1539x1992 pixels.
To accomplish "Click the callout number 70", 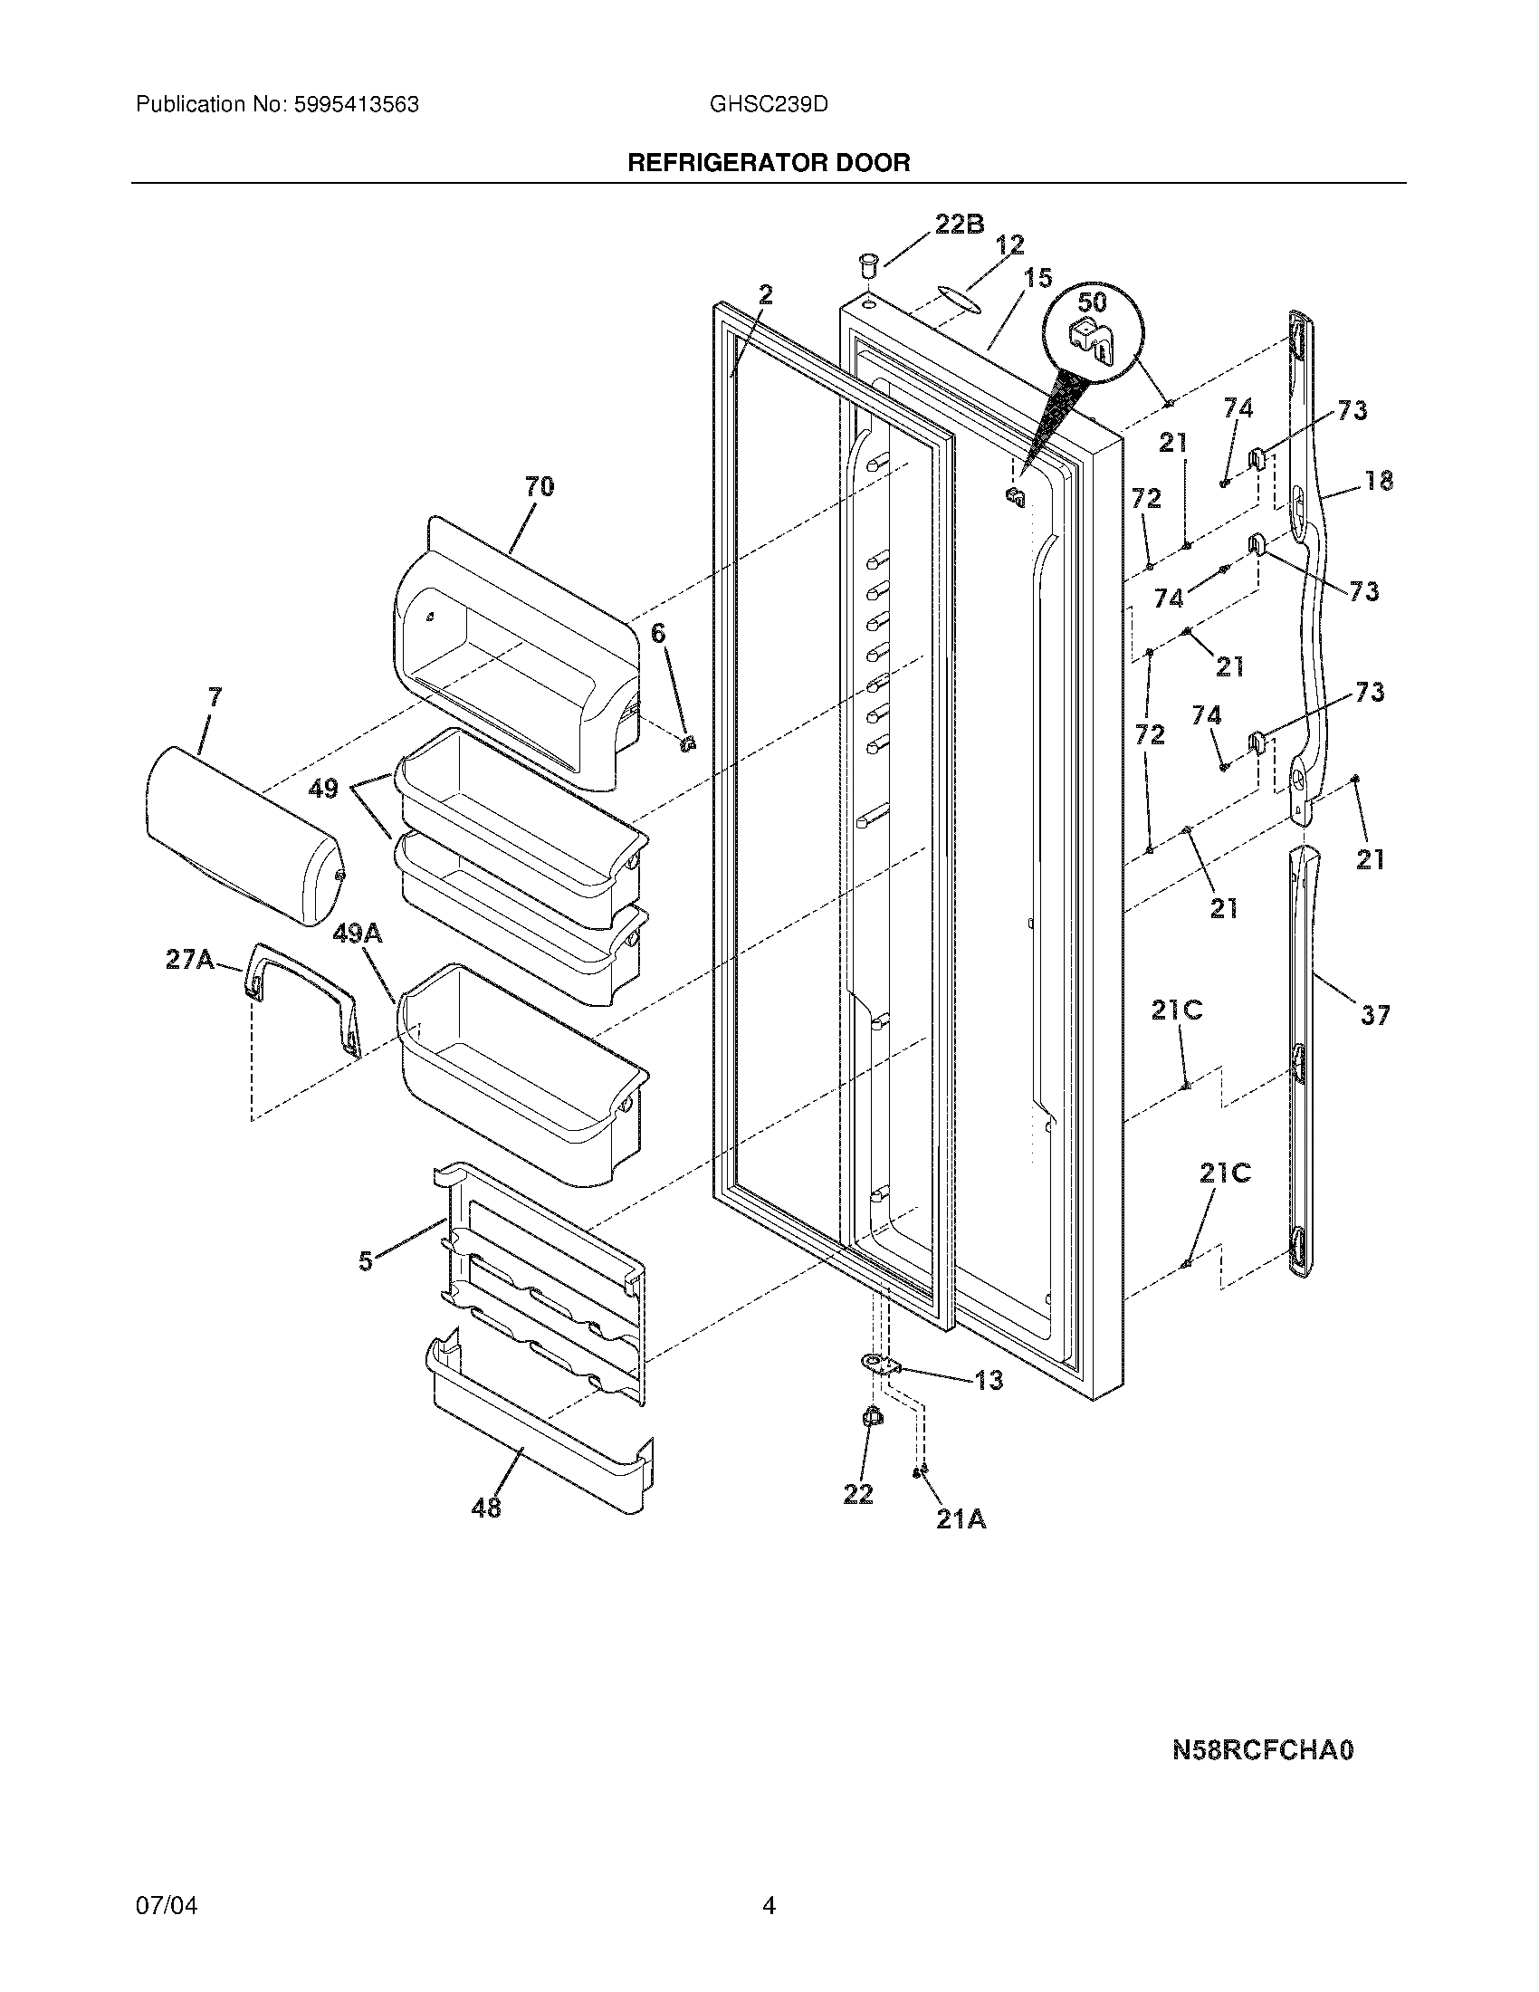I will pos(539,487).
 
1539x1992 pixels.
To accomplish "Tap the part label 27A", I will pos(189,960).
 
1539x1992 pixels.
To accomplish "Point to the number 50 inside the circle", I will pos(1093,301).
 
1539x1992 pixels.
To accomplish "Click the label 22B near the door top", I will pos(959,225).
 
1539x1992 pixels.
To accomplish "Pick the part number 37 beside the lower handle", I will pos(1375,1014).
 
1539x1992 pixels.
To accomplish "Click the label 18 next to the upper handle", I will pos(1380,480).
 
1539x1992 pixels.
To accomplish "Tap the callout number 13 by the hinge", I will pos(989,1380).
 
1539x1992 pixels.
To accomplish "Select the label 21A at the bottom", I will pos(961,1519).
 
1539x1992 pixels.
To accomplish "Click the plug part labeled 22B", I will pos(867,266).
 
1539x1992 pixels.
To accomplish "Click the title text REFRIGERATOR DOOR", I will pos(769,163).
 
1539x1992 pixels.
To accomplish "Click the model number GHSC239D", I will pos(769,105).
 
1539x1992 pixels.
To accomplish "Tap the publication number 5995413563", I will pos(356,105).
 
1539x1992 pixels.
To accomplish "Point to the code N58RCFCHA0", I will pos(1263,1750).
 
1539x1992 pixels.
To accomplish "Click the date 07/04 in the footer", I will pos(166,1906).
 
